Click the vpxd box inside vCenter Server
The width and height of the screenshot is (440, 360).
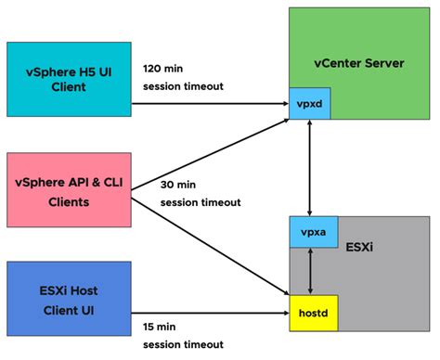pos(309,104)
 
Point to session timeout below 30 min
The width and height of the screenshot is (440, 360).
pos(201,202)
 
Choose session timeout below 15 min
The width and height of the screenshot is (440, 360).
pos(183,344)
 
